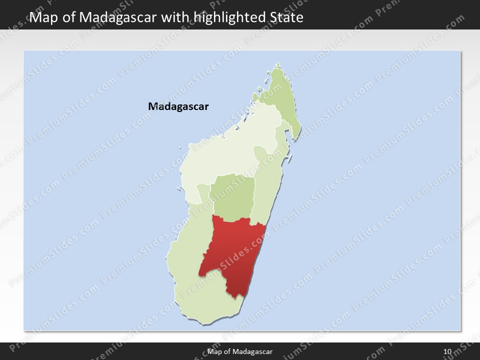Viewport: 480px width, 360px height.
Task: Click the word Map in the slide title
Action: pos(41,18)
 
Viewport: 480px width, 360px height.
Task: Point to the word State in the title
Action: pos(286,18)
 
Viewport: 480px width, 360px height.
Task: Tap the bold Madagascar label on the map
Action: pos(178,106)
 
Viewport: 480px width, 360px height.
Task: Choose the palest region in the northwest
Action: pos(220,150)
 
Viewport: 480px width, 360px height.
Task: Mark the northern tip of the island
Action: pos(278,63)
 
